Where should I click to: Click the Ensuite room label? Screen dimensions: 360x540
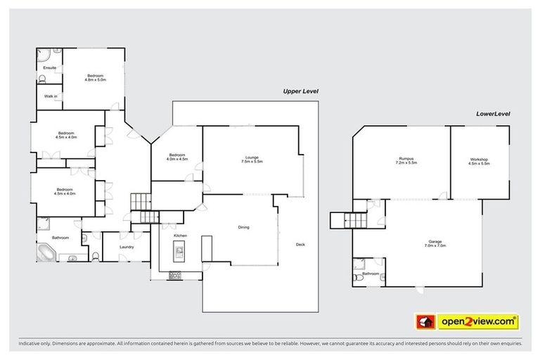click(50, 67)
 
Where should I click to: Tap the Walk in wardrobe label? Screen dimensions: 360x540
click(50, 96)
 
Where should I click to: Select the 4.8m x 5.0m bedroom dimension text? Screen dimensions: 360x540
click(95, 79)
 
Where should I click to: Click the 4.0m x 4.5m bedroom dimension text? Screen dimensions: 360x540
click(176, 160)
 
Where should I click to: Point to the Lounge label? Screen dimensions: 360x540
click(252, 157)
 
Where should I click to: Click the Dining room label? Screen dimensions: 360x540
click(243, 227)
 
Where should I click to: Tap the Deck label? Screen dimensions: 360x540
click(300, 245)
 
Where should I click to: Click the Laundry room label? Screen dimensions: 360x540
click(127, 247)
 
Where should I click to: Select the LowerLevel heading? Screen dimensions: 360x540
click(492, 112)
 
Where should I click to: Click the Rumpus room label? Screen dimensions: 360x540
click(406, 160)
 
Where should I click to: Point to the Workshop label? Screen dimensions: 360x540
click(479, 160)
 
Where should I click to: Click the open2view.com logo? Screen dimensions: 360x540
click(467, 322)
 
